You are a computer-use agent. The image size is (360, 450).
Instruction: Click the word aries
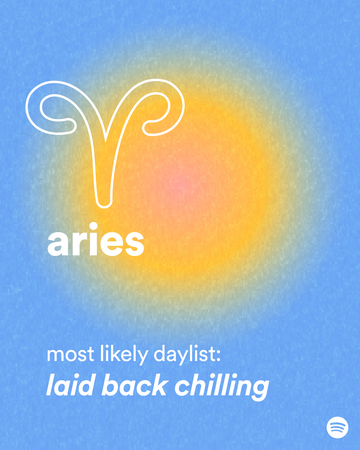click(x=96, y=241)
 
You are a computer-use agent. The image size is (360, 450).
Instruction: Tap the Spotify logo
click(x=337, y=427)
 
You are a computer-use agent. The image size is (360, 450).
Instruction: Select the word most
click(x=70, y=355)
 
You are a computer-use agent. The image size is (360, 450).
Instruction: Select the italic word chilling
click(x=222, y=387)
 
